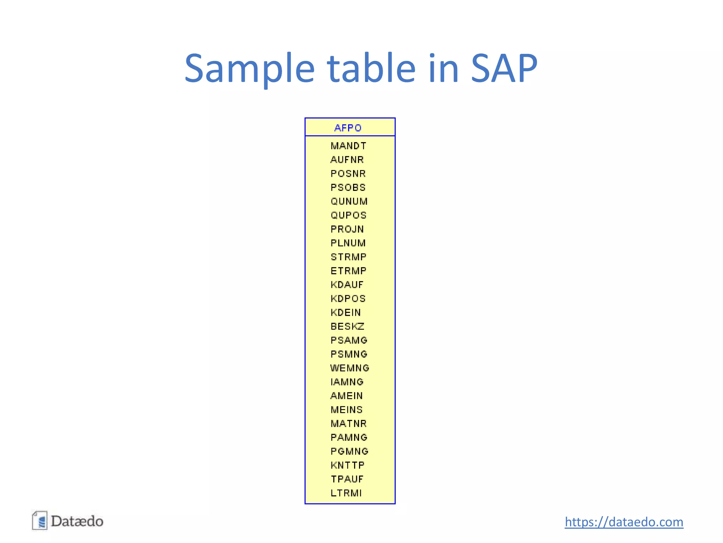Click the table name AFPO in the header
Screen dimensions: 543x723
point(348,128)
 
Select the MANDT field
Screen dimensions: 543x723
point(348,146)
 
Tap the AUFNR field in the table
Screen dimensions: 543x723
point(347,160)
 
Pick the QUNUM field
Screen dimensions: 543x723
point(349,202)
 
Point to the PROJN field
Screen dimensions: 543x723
point(347,229)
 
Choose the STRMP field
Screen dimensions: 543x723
point(348,257)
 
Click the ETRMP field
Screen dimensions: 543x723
point(348,271)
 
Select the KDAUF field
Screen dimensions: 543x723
point(347,285)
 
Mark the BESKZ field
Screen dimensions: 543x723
point(347,326)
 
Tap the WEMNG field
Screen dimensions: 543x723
point(350,368)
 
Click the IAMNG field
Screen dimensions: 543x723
point(347,382)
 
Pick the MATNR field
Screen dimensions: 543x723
point(348,424)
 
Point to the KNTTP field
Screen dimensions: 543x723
point(347,465)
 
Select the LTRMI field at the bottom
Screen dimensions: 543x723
point(346,493)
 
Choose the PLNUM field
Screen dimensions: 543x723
point(348,243)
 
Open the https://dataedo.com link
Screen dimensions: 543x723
point(624,522)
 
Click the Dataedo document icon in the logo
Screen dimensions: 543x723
point(40,521)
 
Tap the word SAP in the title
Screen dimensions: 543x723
point(504,68)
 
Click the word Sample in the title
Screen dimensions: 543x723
point(249,68)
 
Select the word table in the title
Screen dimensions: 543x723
point(371,68)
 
